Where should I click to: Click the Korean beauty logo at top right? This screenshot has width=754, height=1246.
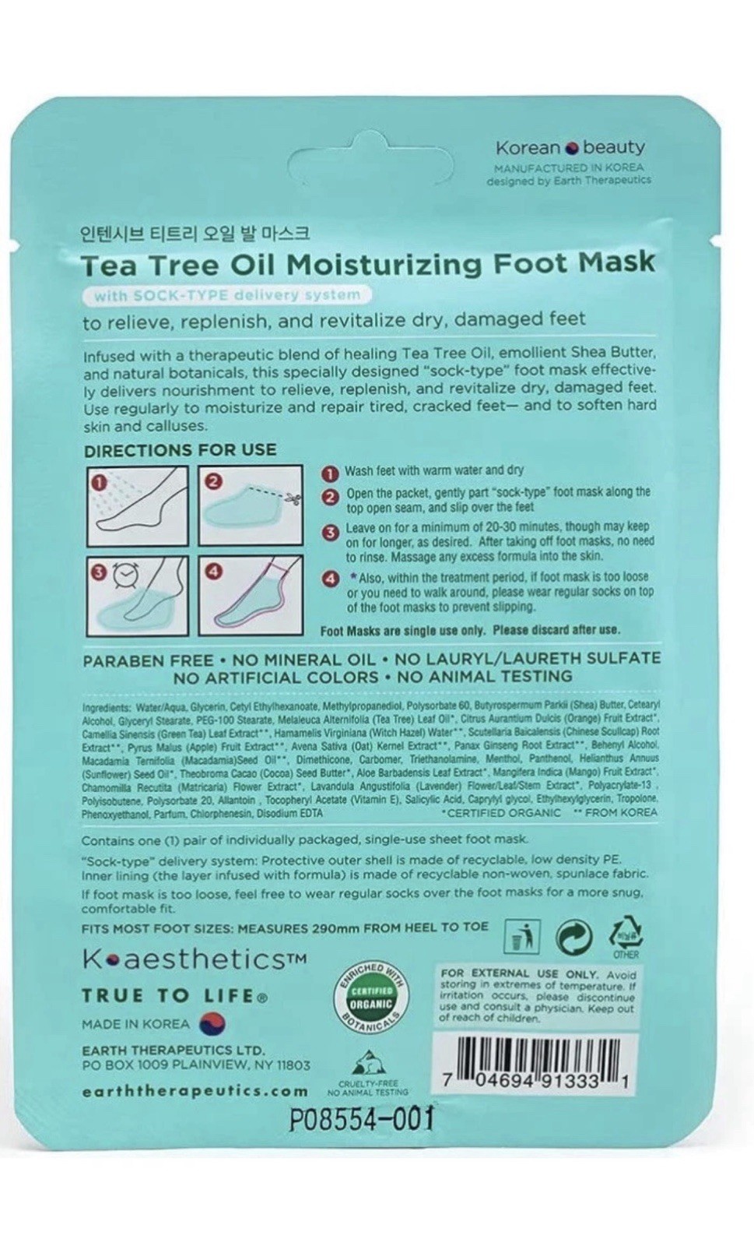point(570,147)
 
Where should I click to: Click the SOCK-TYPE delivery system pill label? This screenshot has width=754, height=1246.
point(226,295)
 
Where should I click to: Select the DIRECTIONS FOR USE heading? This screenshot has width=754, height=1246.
point(180,450)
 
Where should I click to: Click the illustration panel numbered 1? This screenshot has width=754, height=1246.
point(137,505)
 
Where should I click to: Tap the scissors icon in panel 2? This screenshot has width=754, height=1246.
point(292,498)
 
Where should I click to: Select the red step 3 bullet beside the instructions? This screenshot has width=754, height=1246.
point(331,533)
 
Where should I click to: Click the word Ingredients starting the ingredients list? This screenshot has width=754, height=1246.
point(107,707)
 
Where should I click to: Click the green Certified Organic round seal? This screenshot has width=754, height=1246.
point(370,997)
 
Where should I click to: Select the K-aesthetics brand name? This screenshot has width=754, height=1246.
point(184,959)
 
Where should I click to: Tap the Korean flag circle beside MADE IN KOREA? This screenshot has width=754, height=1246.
point(209,1023)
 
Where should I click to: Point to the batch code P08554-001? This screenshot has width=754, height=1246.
point(360,1119)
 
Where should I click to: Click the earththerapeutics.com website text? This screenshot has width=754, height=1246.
point(195,1091)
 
